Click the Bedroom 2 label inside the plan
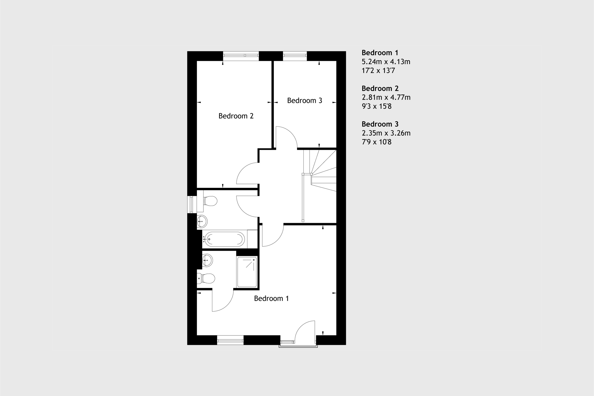(x=236, y=116)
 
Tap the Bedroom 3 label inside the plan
(x=304, y=101)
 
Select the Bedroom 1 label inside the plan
(x=271, y=298)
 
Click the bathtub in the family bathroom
(x=225, y=239)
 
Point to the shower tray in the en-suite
(x=247, y=272)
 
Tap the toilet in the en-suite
(x=206, y=278)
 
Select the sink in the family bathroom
(x=202, y=221)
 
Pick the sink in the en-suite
(x=207, y=260)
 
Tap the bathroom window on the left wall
(x=192, y=204)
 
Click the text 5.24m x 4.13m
(x=386, y=62)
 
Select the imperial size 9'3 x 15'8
(x=377, y=106)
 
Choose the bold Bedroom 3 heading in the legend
(x=380, y=124)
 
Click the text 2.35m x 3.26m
(x=386, y=133)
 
